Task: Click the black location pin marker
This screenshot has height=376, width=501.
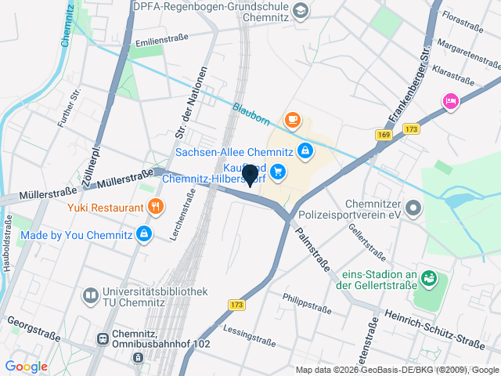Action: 250,175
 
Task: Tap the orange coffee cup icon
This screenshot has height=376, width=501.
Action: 293,120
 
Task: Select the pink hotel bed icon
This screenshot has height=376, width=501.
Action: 450,101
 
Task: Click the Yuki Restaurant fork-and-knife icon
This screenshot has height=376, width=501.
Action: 156,208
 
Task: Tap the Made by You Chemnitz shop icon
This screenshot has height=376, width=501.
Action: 144,233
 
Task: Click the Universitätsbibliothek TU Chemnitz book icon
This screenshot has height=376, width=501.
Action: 90,295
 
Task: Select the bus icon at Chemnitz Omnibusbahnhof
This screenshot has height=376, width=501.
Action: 102,338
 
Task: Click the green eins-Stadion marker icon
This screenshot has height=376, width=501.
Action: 428,277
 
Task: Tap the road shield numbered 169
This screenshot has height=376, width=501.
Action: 384,135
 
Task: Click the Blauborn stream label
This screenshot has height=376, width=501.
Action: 250,112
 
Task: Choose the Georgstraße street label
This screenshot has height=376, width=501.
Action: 34,328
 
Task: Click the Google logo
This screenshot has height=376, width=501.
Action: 26,367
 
